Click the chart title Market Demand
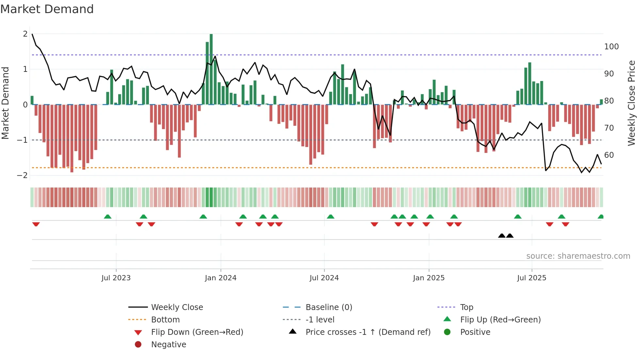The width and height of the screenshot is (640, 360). click(47, 9)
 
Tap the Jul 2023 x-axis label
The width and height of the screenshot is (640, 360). click(116, 278)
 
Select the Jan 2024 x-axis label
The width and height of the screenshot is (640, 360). click(221, 278)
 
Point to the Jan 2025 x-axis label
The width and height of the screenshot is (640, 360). click(429, 278)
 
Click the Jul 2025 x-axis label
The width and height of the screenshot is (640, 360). click(532, 278)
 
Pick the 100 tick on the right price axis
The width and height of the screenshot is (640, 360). click(611, 47)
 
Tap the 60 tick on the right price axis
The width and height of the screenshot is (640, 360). click(609, 155)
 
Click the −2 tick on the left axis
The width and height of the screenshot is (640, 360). click(23, 175)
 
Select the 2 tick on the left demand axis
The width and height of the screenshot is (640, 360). click(25, 34)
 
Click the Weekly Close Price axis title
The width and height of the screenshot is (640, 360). click(632, 103)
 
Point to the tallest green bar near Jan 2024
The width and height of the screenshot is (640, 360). click(211, 69)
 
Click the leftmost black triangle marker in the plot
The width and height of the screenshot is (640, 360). click(502, 236)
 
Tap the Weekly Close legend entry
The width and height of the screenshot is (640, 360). click(177, 307)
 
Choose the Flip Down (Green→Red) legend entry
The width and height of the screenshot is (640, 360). click(197, 332)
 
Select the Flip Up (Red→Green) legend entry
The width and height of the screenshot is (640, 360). click(500, 320)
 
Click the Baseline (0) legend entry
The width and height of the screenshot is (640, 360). click(328, 307)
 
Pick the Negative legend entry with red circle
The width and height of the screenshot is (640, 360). click(168, 345)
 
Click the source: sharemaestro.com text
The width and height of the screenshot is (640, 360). click(578, 256)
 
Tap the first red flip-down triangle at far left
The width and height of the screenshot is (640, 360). click(36, 224)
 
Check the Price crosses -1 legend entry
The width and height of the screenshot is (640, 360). click(368, 332)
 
